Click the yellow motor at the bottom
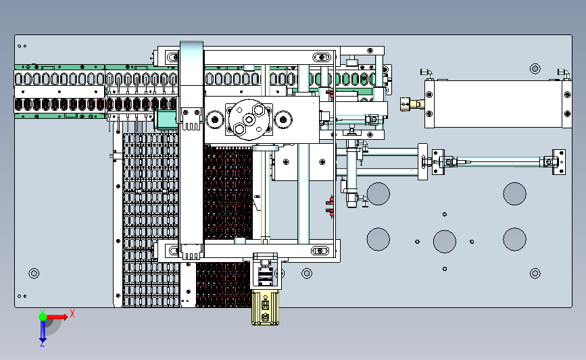pos(265,307)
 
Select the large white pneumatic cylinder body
pos(498,104)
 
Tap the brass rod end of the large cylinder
pos(412,104)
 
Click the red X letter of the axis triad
pos(72,313)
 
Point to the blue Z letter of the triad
pos(42,344)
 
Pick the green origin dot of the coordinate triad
pos(43,317)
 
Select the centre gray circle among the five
pos(444,241)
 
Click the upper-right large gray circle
pos(514,194)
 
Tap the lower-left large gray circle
pos(379,239)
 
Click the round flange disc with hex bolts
pos(249,120)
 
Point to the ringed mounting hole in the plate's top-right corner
pos(535,69)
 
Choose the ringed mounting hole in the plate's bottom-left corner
pos(34,274)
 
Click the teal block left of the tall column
pos(167,120)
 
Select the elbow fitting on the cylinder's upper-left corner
pos(426,73)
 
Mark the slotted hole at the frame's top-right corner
pos(322,57)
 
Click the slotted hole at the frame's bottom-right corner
pos(320,251)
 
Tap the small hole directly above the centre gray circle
pos(444,214)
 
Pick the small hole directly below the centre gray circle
pos(444,269)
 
